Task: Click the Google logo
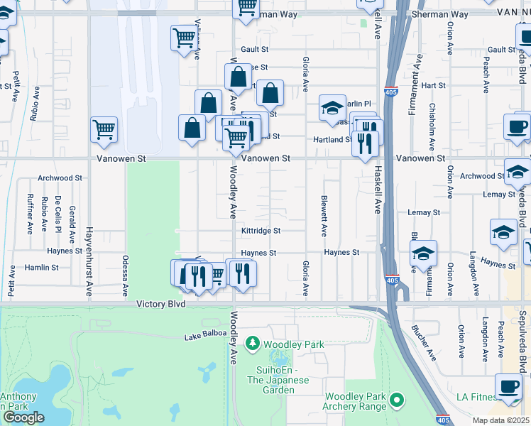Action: coord(23,417)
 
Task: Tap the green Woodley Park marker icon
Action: coord(252,344)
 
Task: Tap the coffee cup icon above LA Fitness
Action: coord(508,386)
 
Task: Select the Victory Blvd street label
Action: coord(161,303)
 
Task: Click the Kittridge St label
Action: coord(261,231)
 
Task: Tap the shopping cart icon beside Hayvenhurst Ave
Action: coord(104,130)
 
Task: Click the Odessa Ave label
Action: coord(125,275)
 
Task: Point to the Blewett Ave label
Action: coord(324,216)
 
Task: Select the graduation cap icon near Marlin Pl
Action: coord(332,108)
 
